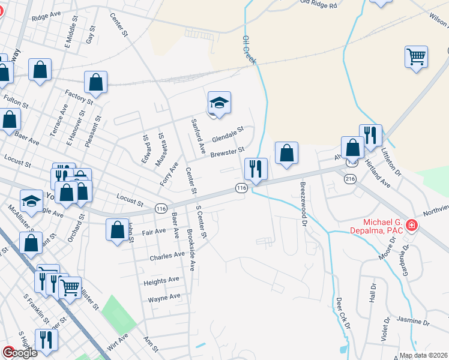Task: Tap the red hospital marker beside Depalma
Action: [x=412, y=226]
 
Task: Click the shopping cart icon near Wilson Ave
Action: [x=416, y=57]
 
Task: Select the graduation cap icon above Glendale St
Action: [x=219, y=103]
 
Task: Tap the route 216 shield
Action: [x=350, y=179]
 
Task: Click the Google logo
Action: [x=20, y=353]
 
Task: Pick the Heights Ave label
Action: [x=161, y=280]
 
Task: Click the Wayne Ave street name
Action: [x=164, y=297]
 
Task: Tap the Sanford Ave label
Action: [x=197, y=135]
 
